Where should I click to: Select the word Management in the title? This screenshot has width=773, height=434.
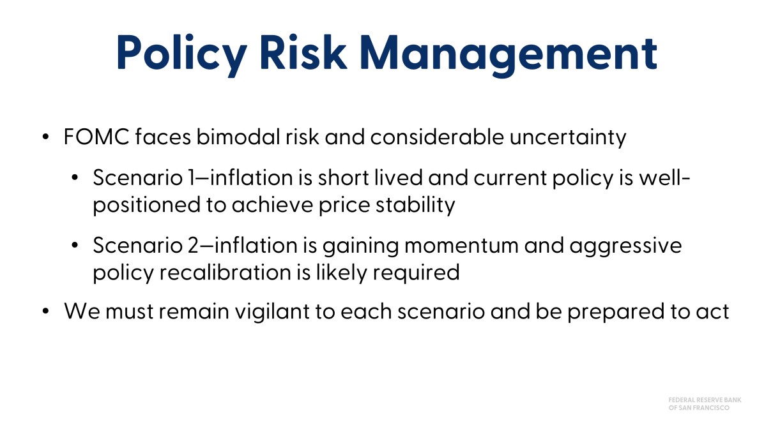[x=509, y=56]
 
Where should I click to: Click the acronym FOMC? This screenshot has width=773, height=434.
[x=96, y=137]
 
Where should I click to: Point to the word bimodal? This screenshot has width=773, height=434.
[x=238, y=136]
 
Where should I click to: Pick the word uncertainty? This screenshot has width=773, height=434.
[x=568, y=138]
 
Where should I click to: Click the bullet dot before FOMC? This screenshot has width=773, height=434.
[x=45, y=137]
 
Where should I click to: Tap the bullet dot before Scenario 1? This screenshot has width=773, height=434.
[x=75, y=178]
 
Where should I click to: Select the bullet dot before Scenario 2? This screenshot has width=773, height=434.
[x=75, y=246]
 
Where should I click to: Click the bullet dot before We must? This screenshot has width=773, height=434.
[x=45, y=311]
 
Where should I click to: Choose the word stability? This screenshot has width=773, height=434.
[x=415, y=205]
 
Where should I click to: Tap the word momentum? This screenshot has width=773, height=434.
[x=461, y=246]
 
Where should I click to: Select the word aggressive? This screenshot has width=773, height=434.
[x=625, y=247]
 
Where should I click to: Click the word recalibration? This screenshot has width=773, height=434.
[x=226, y=273]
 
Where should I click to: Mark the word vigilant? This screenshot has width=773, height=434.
[x=272, y=312]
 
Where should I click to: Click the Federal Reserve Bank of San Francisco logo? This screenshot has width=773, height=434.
[x=705, y=403]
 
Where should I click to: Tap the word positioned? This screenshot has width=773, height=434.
[x=147, y=206]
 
